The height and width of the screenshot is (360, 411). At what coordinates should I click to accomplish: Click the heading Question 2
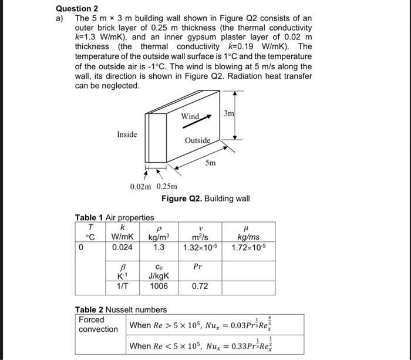[x=77, y=8]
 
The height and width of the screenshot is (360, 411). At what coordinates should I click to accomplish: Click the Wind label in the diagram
[x=190, y=116]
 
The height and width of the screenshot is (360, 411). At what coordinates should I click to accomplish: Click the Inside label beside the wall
[x=127, y=134]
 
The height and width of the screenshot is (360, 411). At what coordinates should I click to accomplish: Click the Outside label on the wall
[x=197, y=140]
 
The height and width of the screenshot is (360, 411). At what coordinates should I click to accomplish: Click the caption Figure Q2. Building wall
[x=206, y=198]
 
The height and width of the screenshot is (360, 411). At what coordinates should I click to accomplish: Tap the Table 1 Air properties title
[x=114, y=218]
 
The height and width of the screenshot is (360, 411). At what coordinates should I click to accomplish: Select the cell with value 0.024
[x=123, y=247]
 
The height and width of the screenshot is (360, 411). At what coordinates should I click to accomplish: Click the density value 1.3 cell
[x=159, y=247]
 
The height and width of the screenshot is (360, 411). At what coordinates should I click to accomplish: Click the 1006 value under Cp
[x=159, y=287]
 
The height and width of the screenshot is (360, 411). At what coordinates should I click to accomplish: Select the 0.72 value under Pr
[x=200, y=287]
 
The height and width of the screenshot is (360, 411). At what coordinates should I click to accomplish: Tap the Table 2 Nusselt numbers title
[x=121, y=309]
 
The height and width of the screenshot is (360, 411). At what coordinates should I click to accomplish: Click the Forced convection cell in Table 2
[x=99, y=324]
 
